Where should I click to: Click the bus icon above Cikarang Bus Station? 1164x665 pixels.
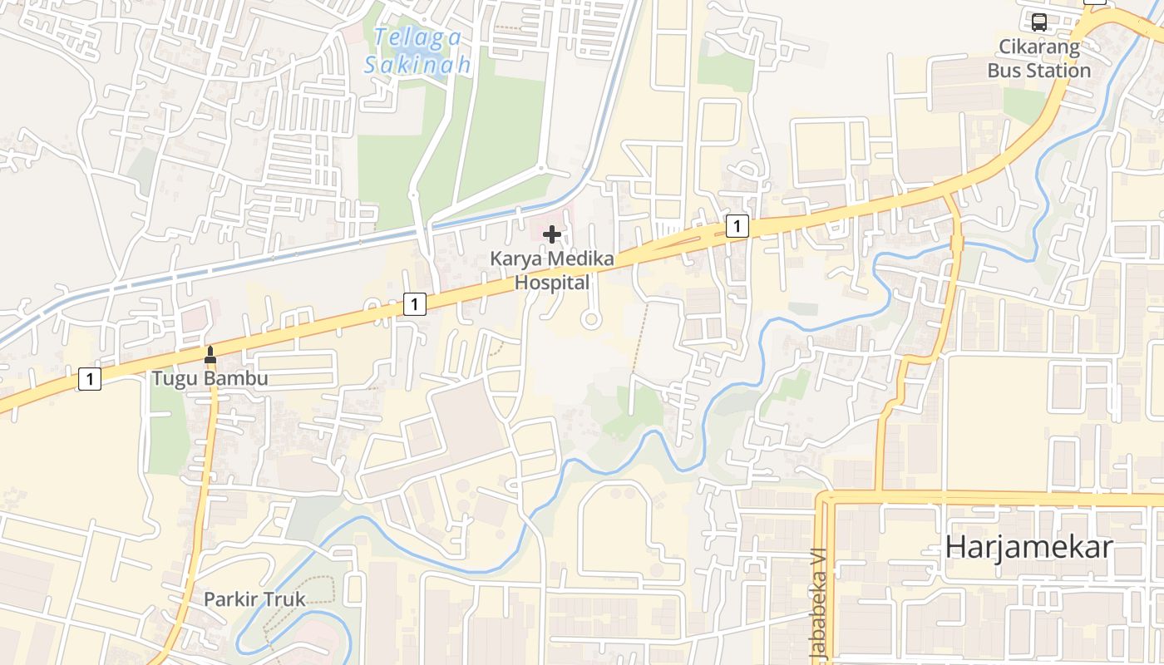pos(1039,22)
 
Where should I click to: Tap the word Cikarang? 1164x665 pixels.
pos(1039,47)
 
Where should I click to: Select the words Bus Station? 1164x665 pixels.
pos(1039,71)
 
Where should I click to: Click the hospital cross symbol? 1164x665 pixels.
pos(551,235)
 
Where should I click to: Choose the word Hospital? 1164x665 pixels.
pos(552,283)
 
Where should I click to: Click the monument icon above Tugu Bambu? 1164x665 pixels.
pos(210,355)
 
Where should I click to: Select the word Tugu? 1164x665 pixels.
pos(172,379)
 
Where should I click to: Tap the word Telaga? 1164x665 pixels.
pos(417,37)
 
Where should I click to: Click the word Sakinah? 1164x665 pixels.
pos(417,64)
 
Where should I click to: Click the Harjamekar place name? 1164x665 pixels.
pos(1029,547)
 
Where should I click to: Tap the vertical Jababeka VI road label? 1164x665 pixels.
pos(819,603)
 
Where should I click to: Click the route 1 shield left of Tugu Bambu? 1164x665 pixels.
pos(89,380)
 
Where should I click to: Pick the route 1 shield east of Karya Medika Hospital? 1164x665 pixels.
pos(737,225)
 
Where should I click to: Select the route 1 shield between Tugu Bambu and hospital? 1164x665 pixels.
pos(414,304)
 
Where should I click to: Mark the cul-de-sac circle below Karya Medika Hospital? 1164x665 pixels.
pos(591,319)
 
